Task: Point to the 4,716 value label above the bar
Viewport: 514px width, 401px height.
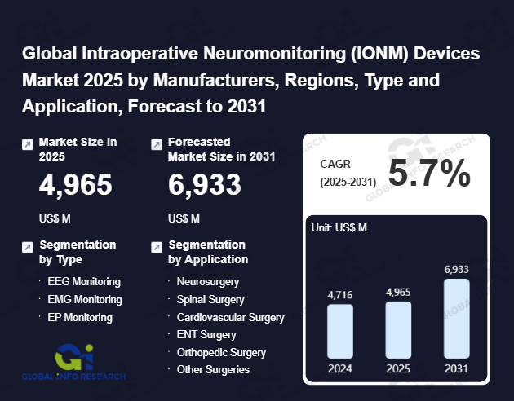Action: tap(339, 294)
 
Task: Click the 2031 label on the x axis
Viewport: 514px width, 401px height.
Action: tap(457, 368)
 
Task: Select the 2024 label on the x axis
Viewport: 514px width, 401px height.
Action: tap(339, 368)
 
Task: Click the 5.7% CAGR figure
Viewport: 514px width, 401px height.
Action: tap(429, 173)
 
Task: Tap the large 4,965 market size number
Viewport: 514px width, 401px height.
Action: tap(76, 186)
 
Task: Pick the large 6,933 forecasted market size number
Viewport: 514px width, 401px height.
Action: tap(205, 186)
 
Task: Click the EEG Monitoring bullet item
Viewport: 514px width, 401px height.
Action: tap(84, 281)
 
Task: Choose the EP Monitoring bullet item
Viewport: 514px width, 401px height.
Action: tap(80, 317)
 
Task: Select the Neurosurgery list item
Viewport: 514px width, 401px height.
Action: tap(208, 281)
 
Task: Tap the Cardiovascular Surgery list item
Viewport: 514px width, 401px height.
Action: tap(230, 317)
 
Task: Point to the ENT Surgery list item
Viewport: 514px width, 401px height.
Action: tap(206, 334)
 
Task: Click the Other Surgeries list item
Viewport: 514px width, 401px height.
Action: tap(213, 369)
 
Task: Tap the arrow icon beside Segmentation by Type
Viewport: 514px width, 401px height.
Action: tap(28, 246)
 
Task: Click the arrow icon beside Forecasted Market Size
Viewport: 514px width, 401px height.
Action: tap(157, 143)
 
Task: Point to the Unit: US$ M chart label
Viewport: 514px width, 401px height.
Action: tap(339, 227)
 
